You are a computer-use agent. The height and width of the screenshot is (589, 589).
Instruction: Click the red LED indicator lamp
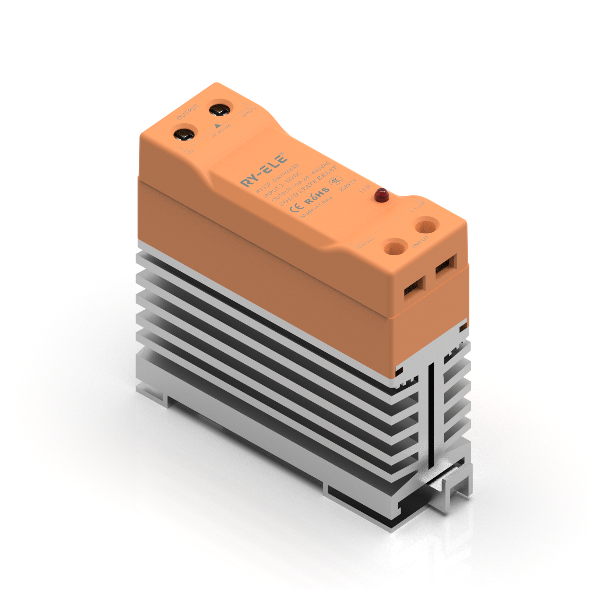[x=382, y=195]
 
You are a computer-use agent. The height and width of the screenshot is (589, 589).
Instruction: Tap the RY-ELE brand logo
[x=264, y=170]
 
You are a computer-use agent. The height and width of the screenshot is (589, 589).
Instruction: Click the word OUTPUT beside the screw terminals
[x=188, y=112]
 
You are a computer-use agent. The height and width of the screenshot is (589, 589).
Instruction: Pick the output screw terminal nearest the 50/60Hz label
[x=220, y=110]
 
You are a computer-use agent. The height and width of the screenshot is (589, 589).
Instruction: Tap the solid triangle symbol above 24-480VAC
[x=218, y=126]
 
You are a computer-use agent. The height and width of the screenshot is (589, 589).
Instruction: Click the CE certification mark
[x=296, y=208]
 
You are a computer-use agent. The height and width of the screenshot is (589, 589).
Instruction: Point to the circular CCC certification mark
[x=335, y=181]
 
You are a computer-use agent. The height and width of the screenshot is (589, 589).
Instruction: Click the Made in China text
[x=316, y=207]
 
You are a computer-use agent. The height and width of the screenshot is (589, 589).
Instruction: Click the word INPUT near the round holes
[x=420, y=241]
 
